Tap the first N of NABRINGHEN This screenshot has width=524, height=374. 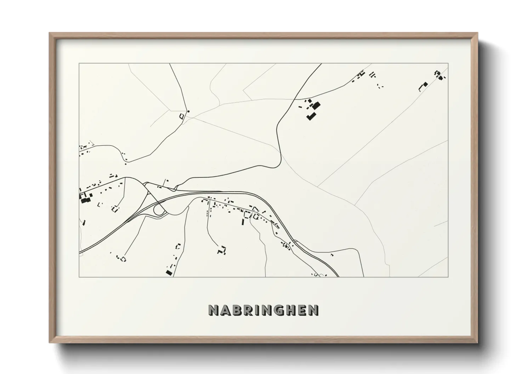[213, 310]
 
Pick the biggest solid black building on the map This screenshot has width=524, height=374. [315, 105]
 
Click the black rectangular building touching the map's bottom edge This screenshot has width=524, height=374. [169, 272]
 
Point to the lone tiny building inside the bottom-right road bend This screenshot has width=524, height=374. [332, 254]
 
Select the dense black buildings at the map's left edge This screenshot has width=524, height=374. [85, 200]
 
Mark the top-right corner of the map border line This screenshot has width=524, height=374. [448, 64]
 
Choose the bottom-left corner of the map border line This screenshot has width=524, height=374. [79, 277]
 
